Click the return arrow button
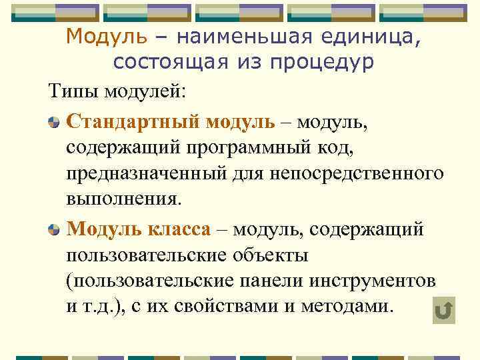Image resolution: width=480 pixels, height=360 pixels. [443, 311]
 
